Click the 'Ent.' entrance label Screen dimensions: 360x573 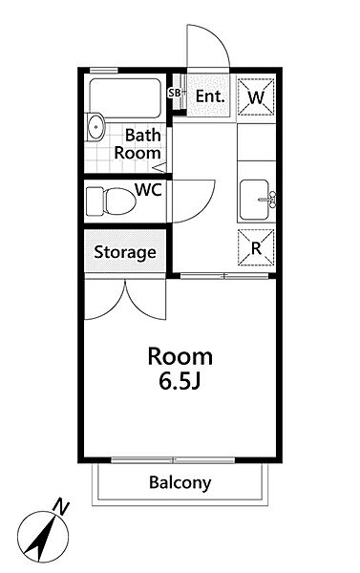point(209,96)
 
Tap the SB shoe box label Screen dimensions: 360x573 point(175,93)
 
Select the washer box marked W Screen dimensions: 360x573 point(256,97)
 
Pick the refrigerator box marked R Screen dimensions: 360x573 point(256,247)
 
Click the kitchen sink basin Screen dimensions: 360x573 point(254,200)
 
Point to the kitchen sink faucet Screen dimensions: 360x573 point(268,200)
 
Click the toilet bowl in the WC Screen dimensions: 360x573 point(119,202)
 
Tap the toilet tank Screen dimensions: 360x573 point(95,202)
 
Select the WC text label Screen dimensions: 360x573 point(148,190)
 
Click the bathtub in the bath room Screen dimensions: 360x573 point(125,98)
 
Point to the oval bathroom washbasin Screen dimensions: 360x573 point(96,127)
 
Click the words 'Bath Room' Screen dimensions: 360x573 point(138,144)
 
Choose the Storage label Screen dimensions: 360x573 point(125,252)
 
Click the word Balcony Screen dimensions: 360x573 point(180,483)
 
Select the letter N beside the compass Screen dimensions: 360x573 point(61,507)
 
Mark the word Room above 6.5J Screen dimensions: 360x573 point(180,356)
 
